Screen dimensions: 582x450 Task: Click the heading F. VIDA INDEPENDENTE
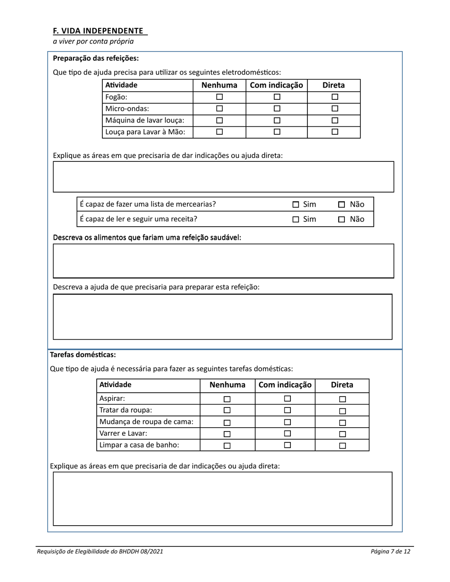[x=98, y=31]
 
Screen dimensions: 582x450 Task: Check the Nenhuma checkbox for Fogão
[x=219, y=97]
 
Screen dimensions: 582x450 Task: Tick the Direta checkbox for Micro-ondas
[x=334, y=108]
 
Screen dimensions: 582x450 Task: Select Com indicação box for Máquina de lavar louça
[x=277, y=120]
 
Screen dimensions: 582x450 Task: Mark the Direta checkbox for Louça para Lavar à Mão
[x=334, y=132]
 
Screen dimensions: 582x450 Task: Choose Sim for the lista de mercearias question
[x=296, y=205]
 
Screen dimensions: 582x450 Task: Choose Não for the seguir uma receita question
[x=342, y=220]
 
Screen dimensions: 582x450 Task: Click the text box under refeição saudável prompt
[x=223, y=261]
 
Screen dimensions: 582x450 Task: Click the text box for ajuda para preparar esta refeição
[x=223, y=317]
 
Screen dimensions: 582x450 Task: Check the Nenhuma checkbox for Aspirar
[x=227, y=399]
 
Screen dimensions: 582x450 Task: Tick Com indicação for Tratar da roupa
[x=287, y=410]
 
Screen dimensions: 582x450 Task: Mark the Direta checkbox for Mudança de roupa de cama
[x=342, y=423]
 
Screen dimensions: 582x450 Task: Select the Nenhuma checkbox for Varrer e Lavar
[x=227, y=434]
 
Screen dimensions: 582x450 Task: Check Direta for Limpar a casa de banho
[x=342, y=445]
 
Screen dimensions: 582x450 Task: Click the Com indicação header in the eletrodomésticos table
[x=276, y=85]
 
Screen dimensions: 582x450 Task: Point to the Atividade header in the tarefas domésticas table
[x=116, y=385]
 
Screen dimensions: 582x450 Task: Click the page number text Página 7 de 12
[x=390, y=551]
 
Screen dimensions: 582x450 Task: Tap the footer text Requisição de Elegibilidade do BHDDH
[x=100, y=551]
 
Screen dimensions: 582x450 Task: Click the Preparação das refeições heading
[x=96, y=59]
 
